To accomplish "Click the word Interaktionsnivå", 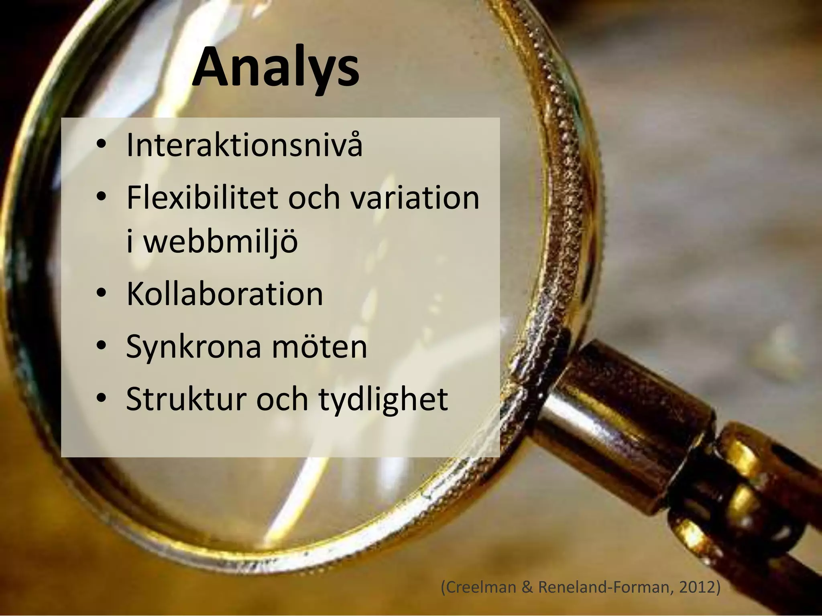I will (x=244, y=145).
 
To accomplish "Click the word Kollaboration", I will (x=225, y=294).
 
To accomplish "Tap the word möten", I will (x=319, y=346).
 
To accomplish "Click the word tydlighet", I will (x=383, y=400).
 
